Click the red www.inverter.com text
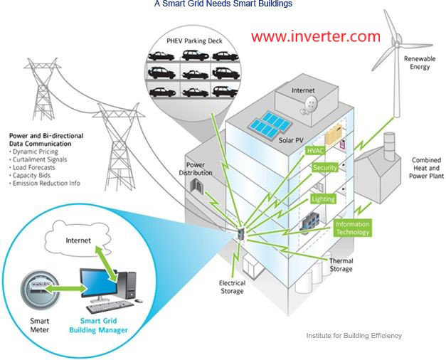click(316, 36)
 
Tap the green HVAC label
click(315, 150)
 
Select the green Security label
click(325, 168)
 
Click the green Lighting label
click(324, 199)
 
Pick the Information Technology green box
click(352, 228)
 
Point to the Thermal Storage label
click(341, 265)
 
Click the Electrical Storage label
click(232, 287)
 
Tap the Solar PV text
click(291, 140)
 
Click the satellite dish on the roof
click(309, 104)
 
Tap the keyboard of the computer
click(110, 307)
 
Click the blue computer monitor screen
click(98, 283)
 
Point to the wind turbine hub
click(396, 43)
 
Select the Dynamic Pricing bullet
click(33, 152)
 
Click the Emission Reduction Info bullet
click(45, 183)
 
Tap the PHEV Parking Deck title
click(195, 41)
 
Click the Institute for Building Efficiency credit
click(354, 336)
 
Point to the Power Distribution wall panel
click(196, 185)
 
